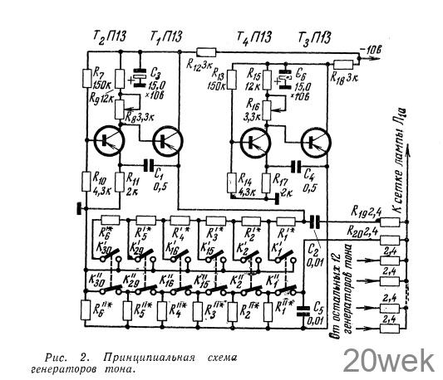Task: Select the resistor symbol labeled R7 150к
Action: click(88, 79)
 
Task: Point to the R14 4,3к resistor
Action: click(229, 181)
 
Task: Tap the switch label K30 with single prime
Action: click(105, 247)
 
